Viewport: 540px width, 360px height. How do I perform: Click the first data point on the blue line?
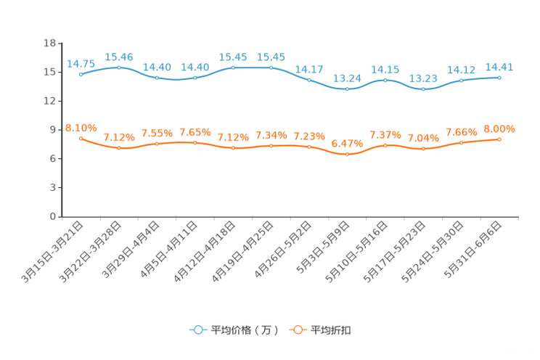click(81, 74)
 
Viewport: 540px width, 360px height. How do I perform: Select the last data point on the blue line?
click(499, 76)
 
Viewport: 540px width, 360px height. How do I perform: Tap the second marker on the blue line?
click(119, 67)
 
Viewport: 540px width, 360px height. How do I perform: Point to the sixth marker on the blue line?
click(271, 67)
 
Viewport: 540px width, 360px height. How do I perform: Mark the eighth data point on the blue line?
click(348, 89)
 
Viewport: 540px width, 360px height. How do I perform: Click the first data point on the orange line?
click(81, 138)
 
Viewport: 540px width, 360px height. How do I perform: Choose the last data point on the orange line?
click(499, 139)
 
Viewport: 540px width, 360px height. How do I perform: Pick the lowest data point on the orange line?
click(348, 155)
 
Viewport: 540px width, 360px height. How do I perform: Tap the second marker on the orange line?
click(119, 148)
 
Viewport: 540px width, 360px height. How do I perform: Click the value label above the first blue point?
click(81, 63)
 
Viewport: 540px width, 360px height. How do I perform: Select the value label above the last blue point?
click(499, 67)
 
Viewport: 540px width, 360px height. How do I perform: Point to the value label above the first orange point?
click(81, 128)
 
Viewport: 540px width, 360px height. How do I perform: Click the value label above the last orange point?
click(499, 129)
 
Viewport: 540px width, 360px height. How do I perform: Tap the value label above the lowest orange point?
click(348, 143)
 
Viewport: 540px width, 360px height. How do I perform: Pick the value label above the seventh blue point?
click(309, 69)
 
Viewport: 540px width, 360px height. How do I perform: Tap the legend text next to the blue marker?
click(244, 330)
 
